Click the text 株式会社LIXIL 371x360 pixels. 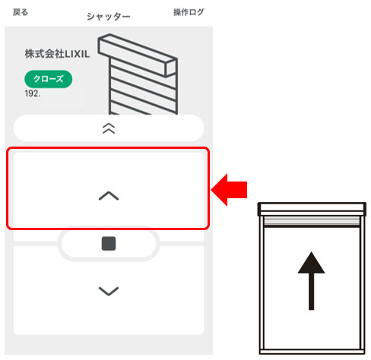57,55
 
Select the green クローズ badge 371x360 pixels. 49,79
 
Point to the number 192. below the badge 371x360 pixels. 33,94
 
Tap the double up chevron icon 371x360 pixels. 109,128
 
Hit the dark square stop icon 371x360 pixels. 109,244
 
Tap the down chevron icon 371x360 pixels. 109,290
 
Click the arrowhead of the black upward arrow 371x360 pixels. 310,264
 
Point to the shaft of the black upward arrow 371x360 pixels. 310,292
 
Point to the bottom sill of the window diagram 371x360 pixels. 310,349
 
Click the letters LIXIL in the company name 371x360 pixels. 76,55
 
